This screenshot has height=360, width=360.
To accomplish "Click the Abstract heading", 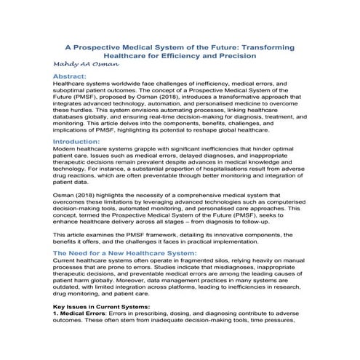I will (x=71, y=76).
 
